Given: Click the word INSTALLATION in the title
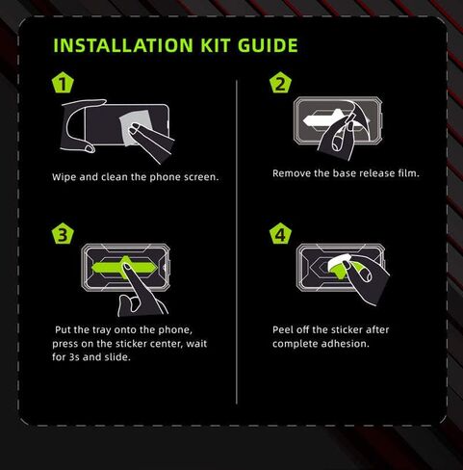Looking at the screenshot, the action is click(x=123, y=45).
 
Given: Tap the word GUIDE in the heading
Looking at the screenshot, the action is click(x=268, y=45).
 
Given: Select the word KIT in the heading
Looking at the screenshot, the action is click(x=216, y=45).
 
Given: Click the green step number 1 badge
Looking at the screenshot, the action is click(x=63, y=83).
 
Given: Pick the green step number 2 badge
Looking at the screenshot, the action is click(x=280, y=83).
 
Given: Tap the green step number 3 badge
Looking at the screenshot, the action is click(x=63, y=233).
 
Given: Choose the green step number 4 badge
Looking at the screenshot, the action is click(x=280, y=233).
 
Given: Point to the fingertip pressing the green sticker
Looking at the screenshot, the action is click(x=127, y=266).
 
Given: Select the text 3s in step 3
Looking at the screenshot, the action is click(x=74, y=357).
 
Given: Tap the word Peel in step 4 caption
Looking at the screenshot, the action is click(x=283, y=329).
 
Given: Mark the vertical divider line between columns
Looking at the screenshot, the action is click(x=237, y=242).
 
